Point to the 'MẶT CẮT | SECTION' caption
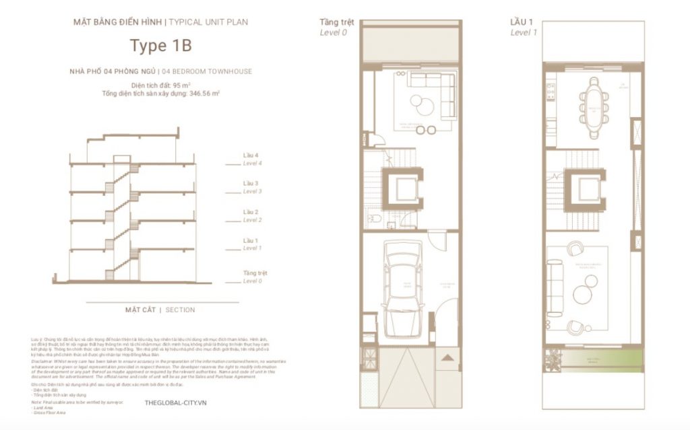pos(160,310)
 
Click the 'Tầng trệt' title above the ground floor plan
pos(336,22)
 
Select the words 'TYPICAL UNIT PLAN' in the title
pos(208,22)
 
